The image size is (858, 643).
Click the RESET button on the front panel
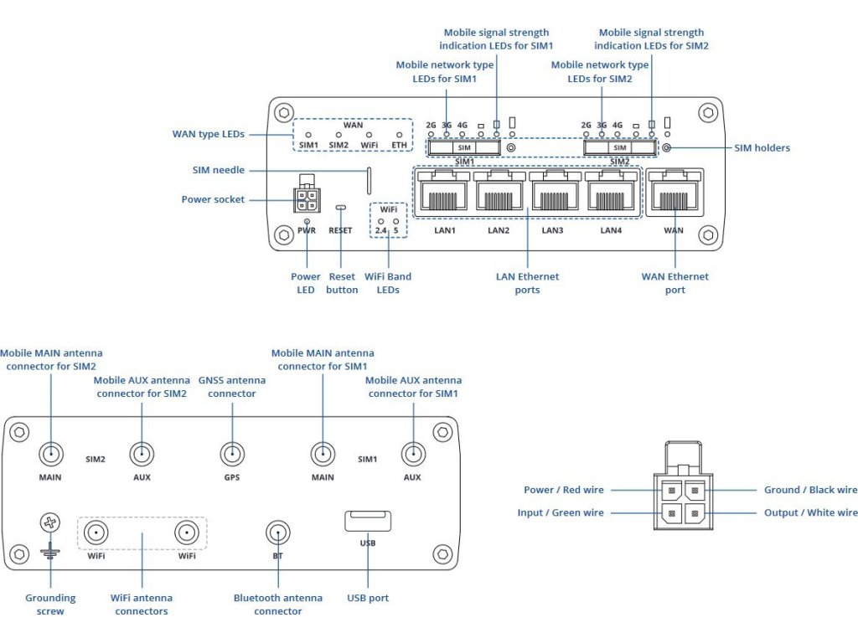pyautogui.click(x=340, y=207)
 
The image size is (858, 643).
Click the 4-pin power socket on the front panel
pyautogui.click(x=306, y=198)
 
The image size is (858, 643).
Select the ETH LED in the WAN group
pyautogui.click(x=399, y=134)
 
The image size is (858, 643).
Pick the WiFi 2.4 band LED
pyautogui.click(x=381, y=221)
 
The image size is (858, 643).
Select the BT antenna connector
pyautogui.click(x=277, y=532)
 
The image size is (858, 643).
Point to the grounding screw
pyautogui.click(x=50, y=522)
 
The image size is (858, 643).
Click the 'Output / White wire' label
pyautogui.click(x=810, y=512)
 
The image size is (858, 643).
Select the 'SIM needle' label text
pyautogui.click(x=218, y=170)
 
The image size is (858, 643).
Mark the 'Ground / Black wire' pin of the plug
pyautogui.click(x=694, y=491)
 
